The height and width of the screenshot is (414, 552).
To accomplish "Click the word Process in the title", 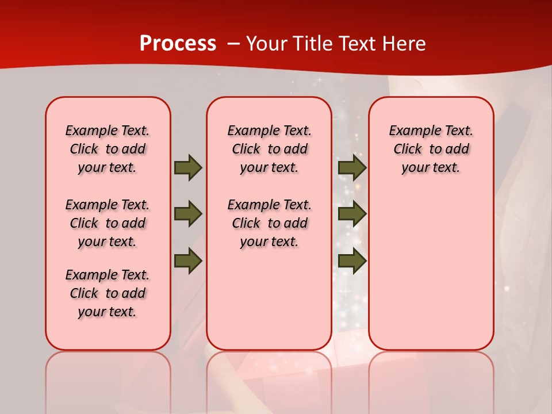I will coord(178,43).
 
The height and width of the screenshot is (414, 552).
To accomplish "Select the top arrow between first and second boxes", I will coord(188,167).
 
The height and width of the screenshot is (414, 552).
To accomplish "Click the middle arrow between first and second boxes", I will coord(188,214).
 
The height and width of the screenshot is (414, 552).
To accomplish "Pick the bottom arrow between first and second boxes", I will coord(188,260).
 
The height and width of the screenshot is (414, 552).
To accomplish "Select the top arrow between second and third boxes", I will coord(352,167).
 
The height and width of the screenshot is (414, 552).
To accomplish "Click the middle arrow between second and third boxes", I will coord(352,214).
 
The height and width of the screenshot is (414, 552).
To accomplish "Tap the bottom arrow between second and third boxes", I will coord(352,260).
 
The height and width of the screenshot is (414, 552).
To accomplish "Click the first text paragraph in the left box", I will coord(108,149).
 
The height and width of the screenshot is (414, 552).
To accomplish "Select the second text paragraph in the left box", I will coord(108,223).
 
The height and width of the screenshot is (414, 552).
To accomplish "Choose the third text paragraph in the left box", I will coord(108,293).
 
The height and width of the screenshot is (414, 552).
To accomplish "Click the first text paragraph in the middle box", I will coord(269,149).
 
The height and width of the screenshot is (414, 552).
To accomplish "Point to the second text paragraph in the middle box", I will coord(269,223).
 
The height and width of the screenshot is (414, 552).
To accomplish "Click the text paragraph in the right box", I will coord(431,149).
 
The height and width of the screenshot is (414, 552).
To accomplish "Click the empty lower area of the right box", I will coord(431,270).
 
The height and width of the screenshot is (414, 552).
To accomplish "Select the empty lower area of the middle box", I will coord(269,299).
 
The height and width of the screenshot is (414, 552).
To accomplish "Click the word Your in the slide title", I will coord(268,43).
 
